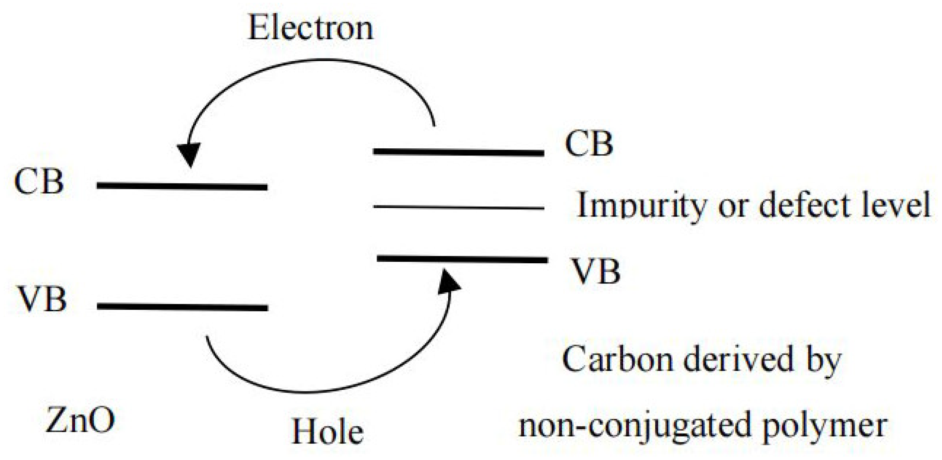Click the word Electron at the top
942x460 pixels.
click(x=310, y=29)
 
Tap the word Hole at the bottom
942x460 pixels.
click(x=327, y=431)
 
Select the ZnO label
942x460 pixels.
click(x=81, y=420)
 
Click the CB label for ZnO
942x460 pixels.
click(x=39, y=182)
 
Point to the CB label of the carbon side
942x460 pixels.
click(x=589, y=144)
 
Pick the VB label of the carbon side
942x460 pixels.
click(x=596, y=272)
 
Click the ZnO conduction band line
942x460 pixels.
click(x=182, y=186)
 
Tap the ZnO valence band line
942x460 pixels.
click(x=182, y=307)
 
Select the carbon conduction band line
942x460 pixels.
click(x=459, y=152)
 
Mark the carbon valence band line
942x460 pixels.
click(x=462, y=259)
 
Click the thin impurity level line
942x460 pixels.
click(x=459, y=207)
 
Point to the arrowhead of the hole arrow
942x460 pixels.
click(x=448, y=281)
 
